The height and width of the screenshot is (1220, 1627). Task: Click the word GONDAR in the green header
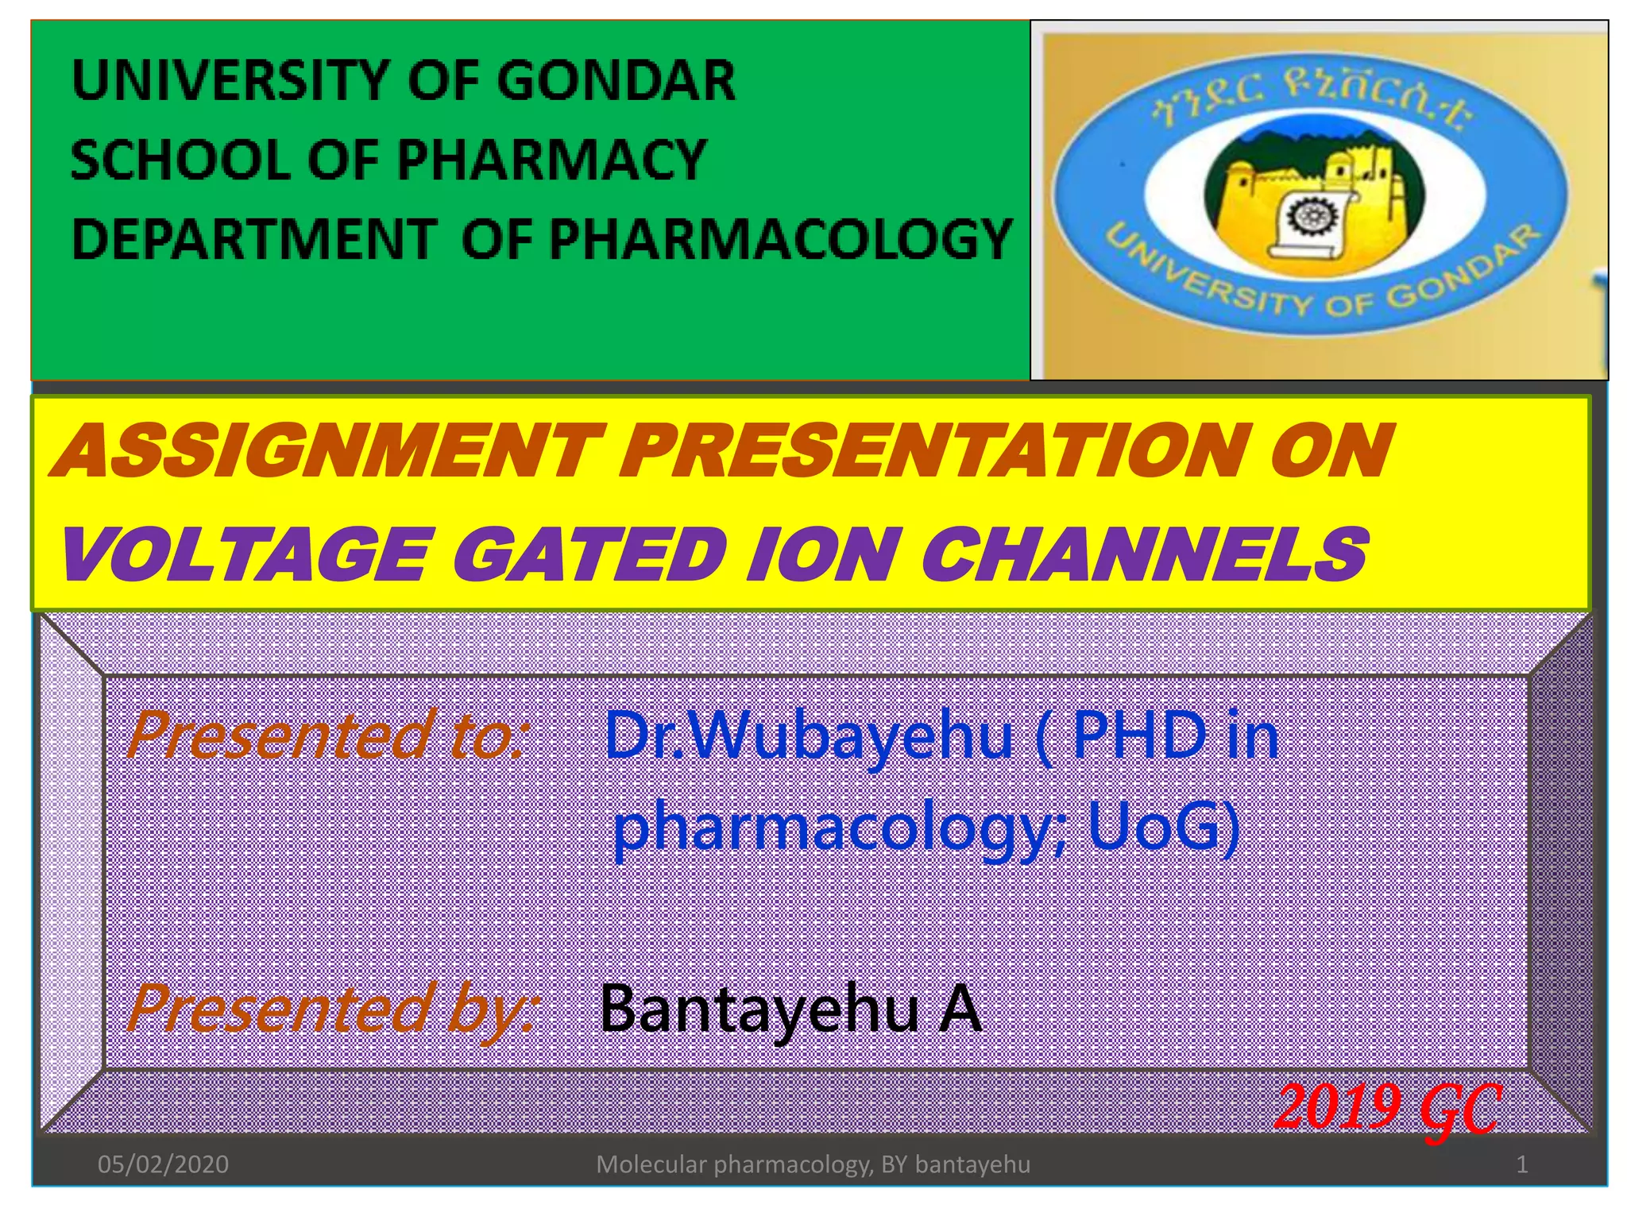tap(616, 80)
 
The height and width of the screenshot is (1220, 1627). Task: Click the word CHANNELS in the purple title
tap(1144, 554)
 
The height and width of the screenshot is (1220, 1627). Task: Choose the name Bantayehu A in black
tap(790, 1009)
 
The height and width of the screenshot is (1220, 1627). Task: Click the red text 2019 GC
tap(1387, 1107)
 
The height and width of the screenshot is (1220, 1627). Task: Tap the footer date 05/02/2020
tap(163, 1164)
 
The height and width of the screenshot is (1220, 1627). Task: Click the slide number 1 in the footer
tap(1521, 1164)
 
